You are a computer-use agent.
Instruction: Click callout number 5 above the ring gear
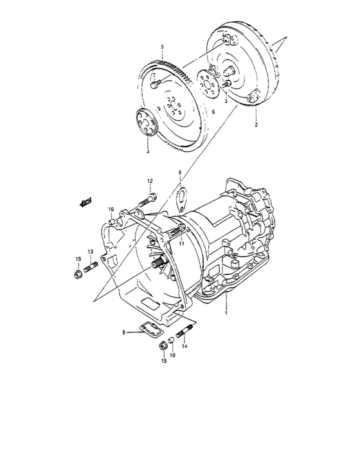click(163, 47)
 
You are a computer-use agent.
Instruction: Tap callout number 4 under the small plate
click(147, 152)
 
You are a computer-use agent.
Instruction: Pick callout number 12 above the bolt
click(149, 181)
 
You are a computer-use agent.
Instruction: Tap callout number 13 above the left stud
click(91, 251)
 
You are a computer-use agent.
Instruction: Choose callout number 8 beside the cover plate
click(123, 332)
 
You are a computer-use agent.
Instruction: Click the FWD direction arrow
click(84, 203)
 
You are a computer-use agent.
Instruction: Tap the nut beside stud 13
click(76, 275)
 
